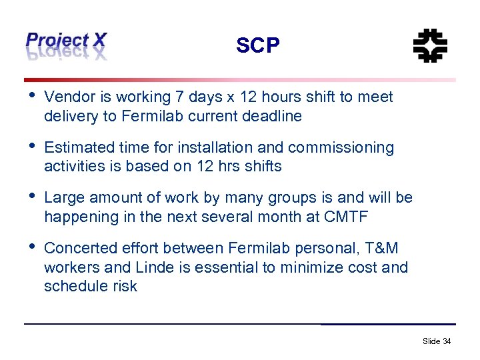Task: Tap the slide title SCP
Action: click(x=258, y=46)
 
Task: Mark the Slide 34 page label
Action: click(x=437, y=341)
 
